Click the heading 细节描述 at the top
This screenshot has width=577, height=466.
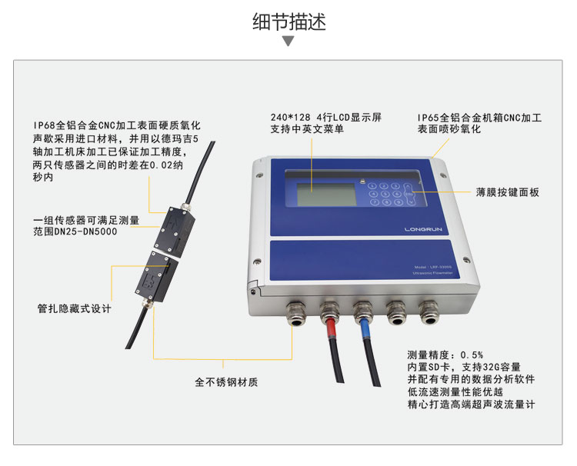[288, 22]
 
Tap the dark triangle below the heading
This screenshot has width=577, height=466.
[288, 41]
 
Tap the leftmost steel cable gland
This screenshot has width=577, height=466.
[296, 311]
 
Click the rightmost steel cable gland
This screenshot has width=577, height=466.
[428, 311]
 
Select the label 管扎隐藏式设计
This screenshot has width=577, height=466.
[75, 308]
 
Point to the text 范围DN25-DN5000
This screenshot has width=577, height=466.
[75, 231]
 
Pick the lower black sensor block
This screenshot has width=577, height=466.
[157, 275]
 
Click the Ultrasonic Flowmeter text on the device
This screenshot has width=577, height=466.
[437, 274]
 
